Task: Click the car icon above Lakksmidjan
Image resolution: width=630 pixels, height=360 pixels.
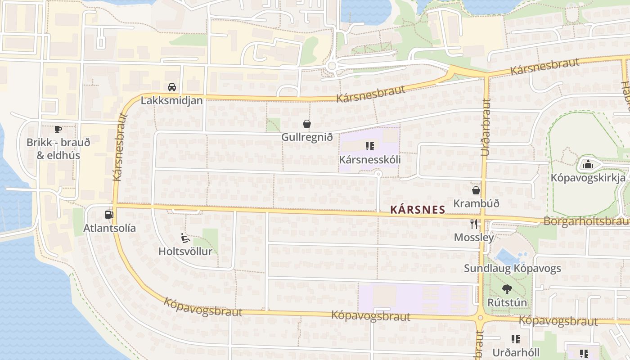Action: tap(171, 87)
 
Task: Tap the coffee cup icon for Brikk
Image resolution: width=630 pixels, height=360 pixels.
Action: tap(58, 130)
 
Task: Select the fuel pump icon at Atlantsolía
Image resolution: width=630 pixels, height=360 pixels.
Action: tap(108, 215)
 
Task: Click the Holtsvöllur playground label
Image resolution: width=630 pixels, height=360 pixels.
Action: tap(185, 251)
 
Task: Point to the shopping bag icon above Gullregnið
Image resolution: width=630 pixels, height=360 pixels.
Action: tap(306, 124)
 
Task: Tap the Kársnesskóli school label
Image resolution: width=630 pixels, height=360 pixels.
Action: tap(369, 159)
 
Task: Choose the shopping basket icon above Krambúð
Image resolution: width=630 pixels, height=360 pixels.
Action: tap(476, 190)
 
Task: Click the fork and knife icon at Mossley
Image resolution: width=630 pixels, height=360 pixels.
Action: tap(473, 224)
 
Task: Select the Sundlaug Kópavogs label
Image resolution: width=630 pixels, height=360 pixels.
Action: tap(512, 269)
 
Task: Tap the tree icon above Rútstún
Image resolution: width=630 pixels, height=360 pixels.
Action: tap(507, 289)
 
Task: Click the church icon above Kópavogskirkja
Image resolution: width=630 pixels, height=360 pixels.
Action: tap(588, 164)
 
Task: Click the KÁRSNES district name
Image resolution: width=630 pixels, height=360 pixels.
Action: tap(417, 209)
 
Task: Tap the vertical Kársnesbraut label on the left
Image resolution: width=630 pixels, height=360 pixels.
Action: tap(118, 147)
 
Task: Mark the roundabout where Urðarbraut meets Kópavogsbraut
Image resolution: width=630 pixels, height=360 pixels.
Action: tap(480, 318)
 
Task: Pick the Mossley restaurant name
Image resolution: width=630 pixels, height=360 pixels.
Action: tap(473, 237)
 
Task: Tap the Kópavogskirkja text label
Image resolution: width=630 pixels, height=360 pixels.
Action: tap(588, 177)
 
